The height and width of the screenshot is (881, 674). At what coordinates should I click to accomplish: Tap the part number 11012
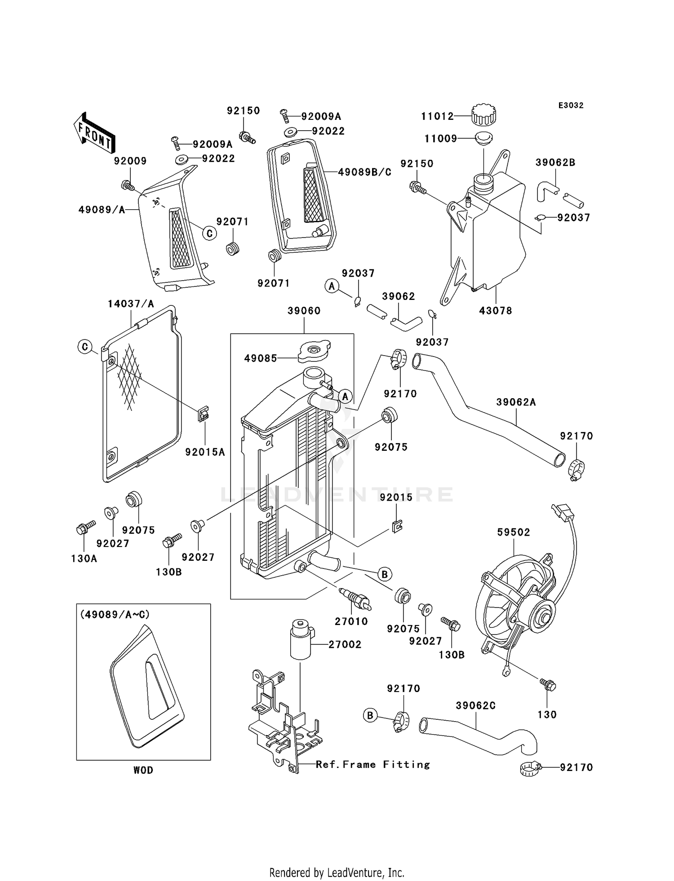point(437,117)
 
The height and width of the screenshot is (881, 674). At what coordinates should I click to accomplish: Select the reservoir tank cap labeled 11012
point(483,115)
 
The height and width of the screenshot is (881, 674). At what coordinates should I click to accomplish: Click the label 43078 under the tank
point(496,311)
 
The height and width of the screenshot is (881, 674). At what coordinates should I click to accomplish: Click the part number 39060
point(304,311)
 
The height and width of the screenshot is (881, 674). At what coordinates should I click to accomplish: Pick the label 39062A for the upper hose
point(516,402)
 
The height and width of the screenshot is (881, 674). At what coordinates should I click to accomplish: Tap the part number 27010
point(351,621)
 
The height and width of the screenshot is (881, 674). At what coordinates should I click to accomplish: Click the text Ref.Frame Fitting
point(372,765)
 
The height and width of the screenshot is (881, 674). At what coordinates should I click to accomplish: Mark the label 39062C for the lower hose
point(475,706)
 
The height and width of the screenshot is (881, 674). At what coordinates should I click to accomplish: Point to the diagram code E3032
point(571,106)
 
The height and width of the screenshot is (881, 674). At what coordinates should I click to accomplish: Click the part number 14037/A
point(131,304)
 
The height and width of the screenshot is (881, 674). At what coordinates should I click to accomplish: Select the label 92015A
point(205,452)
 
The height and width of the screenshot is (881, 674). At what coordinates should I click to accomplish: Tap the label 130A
point(84,559)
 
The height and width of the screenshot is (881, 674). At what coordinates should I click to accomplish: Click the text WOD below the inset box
point(143,771)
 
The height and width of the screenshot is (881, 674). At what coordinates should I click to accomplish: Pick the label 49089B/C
point(364,172)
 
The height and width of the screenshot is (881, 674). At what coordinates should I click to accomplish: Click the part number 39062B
point(555,163)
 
